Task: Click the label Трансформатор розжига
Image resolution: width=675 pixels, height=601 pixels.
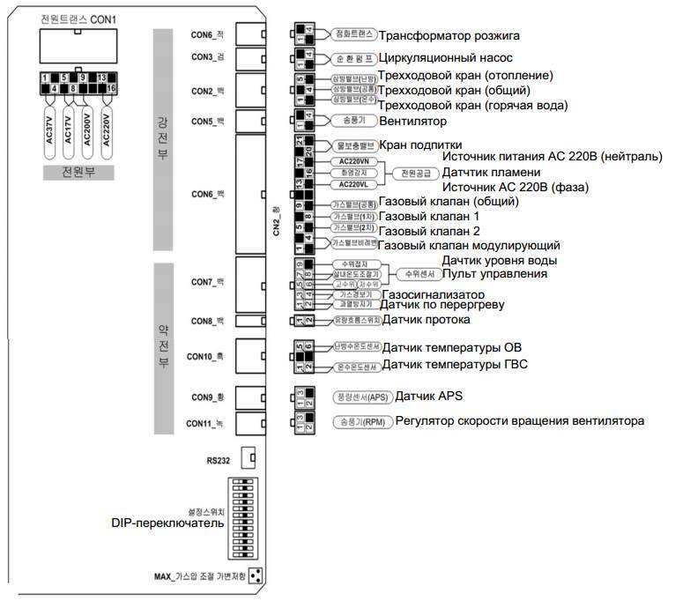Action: click(449, 36)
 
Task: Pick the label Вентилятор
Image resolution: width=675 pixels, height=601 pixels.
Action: click(412, 121)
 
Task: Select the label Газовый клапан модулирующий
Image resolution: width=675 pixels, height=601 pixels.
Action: click(469, 245)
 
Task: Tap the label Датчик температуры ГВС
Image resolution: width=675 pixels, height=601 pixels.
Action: click(455, 365)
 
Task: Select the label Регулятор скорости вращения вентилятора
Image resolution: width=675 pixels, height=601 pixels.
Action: click(519, 421)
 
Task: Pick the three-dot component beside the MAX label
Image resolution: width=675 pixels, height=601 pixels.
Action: click(256, 576)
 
